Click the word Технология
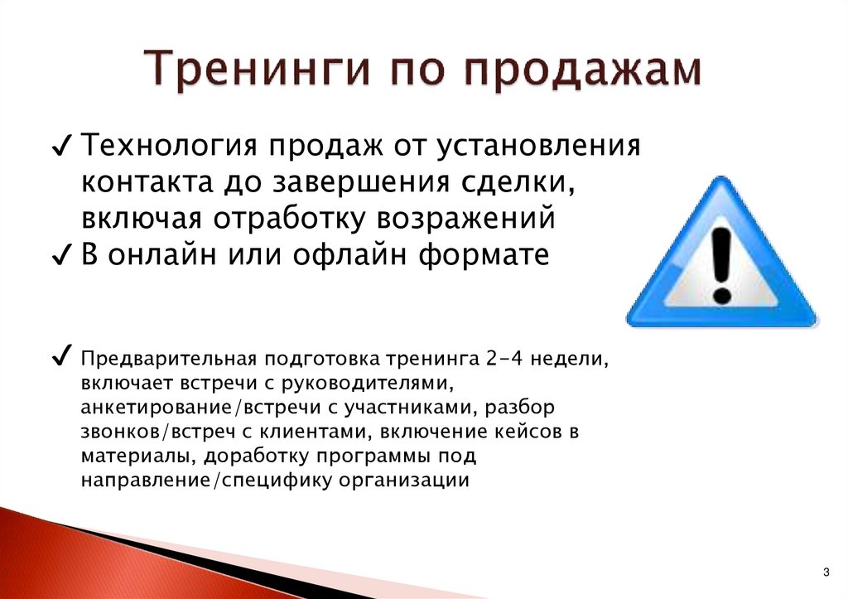click(x=166, y=147)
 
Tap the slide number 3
click(x=826, y=572)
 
